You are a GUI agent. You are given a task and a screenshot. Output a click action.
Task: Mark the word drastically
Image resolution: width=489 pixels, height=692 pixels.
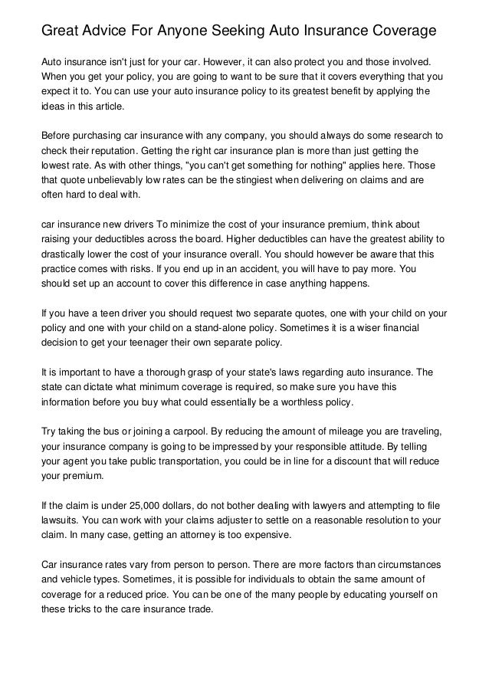[65, 254]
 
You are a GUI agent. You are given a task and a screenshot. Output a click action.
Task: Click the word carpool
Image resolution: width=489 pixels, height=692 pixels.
[179, 431]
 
